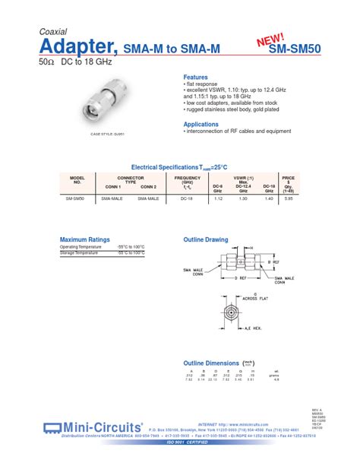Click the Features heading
coord(195,78)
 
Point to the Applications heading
coord(201,124)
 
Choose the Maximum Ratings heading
coord(85,239)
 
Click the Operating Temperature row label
coord(80,248)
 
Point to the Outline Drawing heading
coord(206,239)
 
